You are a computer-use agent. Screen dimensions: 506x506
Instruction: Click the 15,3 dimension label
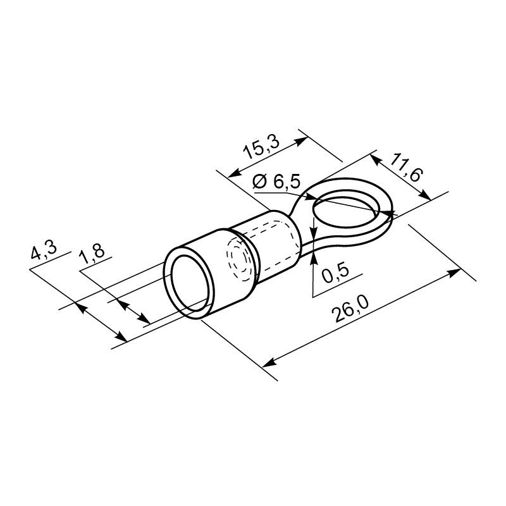[x=261, y=147]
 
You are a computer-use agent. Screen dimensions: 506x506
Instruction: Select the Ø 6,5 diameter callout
[x=276, y=182]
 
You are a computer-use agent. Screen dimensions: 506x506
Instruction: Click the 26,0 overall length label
[x=351, y=310]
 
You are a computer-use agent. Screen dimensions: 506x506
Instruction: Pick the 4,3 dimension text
[x=44, y=250]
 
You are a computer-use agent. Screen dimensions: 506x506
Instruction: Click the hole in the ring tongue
[x=345, y=211]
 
